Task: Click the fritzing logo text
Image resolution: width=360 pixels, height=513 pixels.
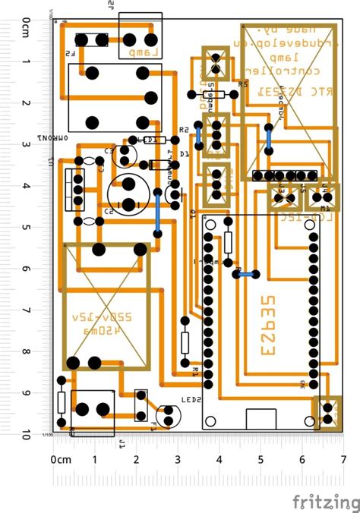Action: point(327,502)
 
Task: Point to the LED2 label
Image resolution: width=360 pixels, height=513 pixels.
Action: point(191,400)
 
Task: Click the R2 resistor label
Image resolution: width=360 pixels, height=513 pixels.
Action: point(183,131)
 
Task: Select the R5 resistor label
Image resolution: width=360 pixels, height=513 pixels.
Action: point(243,84)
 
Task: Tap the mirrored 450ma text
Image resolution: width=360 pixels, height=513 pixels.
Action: point(112,332)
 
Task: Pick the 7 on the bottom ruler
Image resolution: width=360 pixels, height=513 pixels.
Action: point(344,460)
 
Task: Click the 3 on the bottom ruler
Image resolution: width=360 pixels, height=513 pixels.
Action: point(178,460)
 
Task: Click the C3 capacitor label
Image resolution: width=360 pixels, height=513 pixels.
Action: point(109,152)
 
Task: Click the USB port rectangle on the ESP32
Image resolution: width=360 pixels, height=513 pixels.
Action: point(261,418)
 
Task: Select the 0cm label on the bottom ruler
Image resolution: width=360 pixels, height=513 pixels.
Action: point(60,460)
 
